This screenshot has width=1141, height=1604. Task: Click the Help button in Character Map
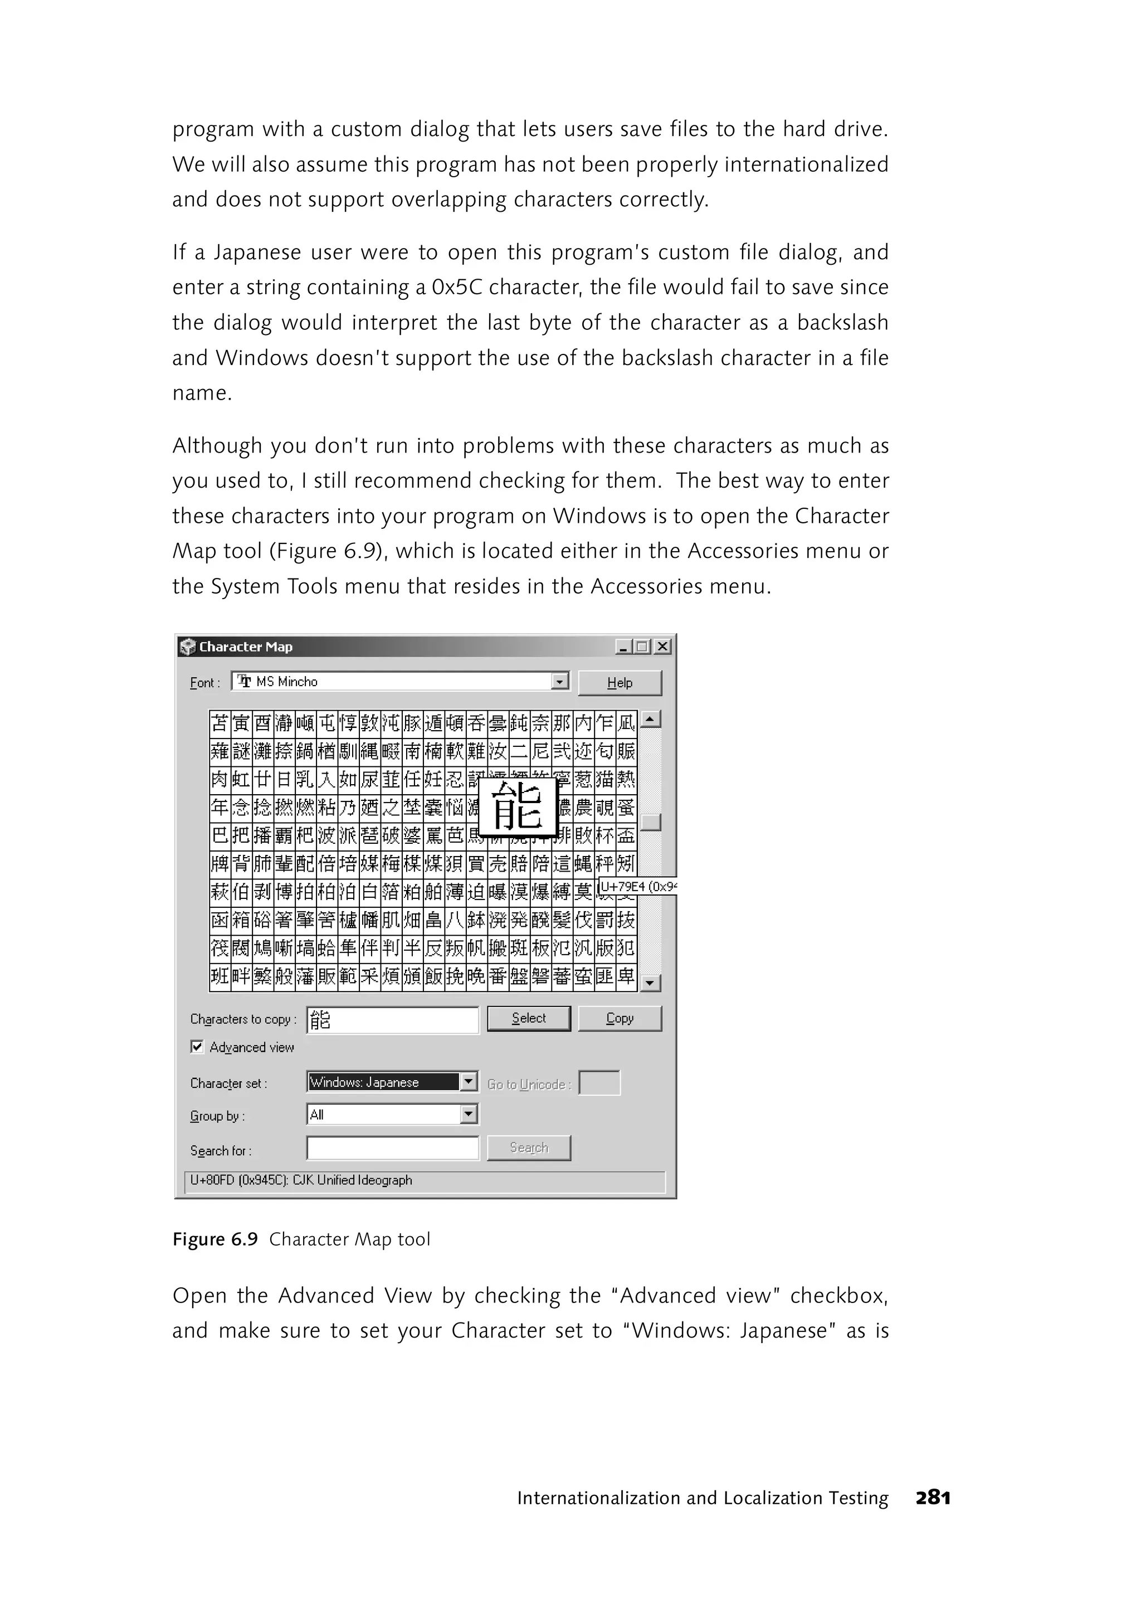619,683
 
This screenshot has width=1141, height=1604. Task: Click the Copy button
619,1018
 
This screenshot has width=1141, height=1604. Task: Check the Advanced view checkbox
197,1047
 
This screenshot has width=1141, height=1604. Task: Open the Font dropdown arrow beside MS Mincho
560,681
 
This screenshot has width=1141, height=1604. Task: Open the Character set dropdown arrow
469,1082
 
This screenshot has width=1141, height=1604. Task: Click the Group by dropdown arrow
469,1114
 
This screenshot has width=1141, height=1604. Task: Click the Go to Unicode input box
599,1083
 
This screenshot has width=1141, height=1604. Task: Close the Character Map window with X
662,647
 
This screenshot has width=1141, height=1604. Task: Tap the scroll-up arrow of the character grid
651,719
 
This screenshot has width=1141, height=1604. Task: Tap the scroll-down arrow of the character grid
651,983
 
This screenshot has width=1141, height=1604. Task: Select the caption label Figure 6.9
215,1239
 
